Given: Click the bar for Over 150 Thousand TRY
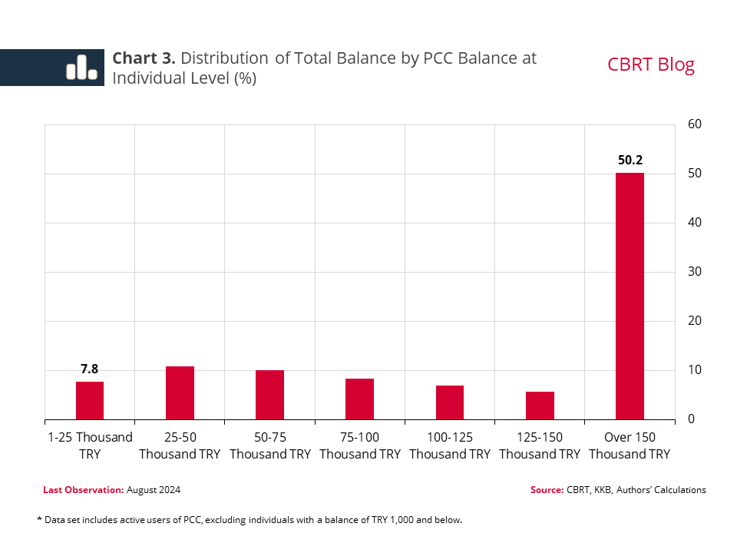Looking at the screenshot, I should coord(630,296).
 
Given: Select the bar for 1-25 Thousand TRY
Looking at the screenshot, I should coord(90,400).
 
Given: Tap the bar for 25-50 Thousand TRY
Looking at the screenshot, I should coord(180,392).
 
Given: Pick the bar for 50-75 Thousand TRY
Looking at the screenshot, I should coord(269,395).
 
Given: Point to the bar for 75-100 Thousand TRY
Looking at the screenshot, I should coord(359,399).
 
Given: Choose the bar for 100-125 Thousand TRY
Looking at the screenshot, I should coord(449,402).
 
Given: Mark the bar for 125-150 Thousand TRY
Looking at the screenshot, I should coord(540,406).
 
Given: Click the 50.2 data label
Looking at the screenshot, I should coord(630,161).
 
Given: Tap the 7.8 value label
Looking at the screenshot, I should coord(90,369).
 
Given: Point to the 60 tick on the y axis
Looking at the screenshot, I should coord(694,124).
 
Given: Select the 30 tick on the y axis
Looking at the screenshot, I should coord(694,272).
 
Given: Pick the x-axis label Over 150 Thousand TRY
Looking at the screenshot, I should coord(630,445).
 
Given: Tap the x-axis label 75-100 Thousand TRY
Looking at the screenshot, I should coord(359,445).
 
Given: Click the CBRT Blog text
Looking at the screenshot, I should coord(650,65).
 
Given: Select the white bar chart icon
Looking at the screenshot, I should coord(81,68).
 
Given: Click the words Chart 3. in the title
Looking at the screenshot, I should coord(144,58).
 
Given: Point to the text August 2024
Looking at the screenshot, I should coord(154,490).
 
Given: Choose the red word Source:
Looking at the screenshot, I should coord(547,490).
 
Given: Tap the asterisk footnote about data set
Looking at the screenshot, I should coord(250,520).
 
